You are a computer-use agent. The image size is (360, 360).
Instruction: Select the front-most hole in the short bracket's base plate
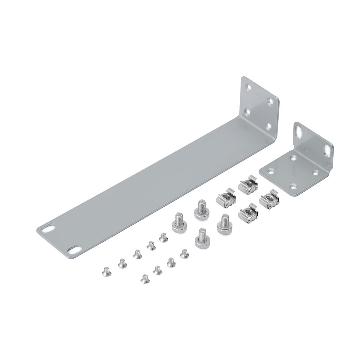click(294, 186)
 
